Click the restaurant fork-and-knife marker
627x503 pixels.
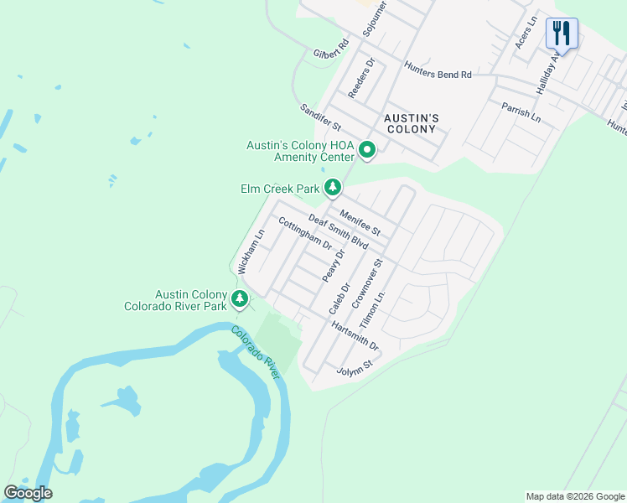coord(560,34)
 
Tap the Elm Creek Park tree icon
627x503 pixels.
coord(333,188)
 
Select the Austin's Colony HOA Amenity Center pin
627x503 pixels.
coord(366,151)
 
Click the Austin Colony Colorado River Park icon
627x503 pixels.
coord(240,298)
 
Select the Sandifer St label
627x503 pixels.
coord(320,117)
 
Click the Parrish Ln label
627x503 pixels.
coord(521,111)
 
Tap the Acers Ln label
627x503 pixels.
coord(525,37)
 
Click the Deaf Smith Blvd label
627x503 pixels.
coord(339,231)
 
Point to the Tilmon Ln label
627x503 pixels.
coord(371,310)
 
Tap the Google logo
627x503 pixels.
coord(28,493)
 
